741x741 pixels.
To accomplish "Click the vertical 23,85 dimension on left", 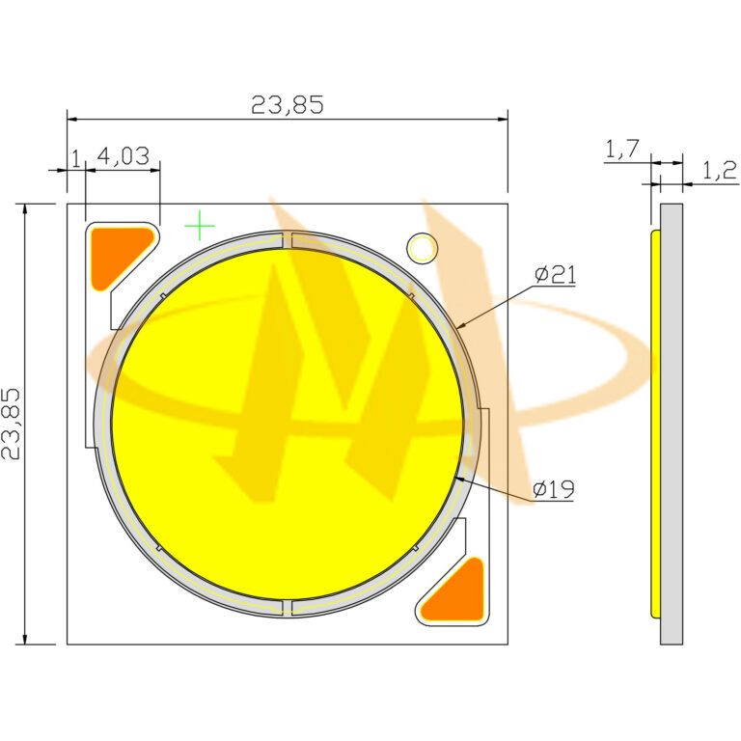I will pos(13,424).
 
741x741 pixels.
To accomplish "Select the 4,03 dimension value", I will pos(123,156).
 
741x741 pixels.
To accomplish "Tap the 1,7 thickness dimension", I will pos(622,149).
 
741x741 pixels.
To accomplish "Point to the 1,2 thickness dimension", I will pos(719,171).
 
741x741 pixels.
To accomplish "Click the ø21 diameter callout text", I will pos(556,275).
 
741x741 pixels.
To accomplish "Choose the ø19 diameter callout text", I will pos(555,490).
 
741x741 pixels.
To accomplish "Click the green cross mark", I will pos(200,225).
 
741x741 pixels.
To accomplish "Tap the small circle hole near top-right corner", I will pos(422,248).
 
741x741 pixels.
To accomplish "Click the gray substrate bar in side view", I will pos(672,424).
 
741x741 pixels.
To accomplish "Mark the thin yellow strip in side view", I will pos(655,424).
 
